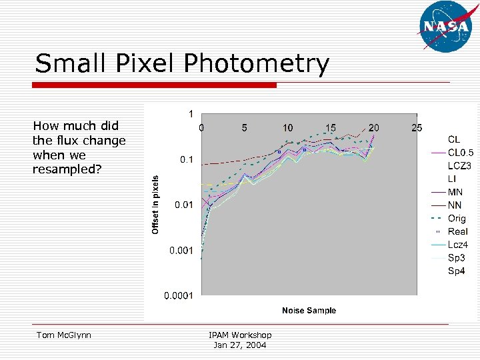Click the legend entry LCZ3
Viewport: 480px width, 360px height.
459,165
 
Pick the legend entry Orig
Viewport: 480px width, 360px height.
457,218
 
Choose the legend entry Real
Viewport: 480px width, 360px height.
457,231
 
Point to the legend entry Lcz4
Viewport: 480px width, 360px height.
457,245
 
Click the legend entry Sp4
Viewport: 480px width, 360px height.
456,271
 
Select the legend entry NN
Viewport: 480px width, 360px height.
455,205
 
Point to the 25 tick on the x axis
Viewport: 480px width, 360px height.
417,127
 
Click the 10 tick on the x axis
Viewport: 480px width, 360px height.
287,127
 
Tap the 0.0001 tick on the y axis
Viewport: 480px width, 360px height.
179,295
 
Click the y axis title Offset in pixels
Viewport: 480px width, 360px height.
155,205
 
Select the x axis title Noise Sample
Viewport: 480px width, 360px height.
309,310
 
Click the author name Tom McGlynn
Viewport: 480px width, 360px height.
65,335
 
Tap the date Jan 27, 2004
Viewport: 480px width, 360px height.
239,345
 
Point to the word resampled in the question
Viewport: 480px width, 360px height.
67,169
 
